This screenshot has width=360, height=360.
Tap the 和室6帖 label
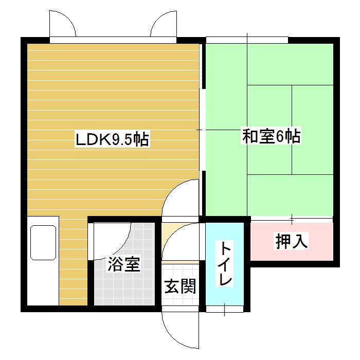pos(271,137)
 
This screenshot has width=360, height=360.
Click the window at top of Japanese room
pos(247,40)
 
